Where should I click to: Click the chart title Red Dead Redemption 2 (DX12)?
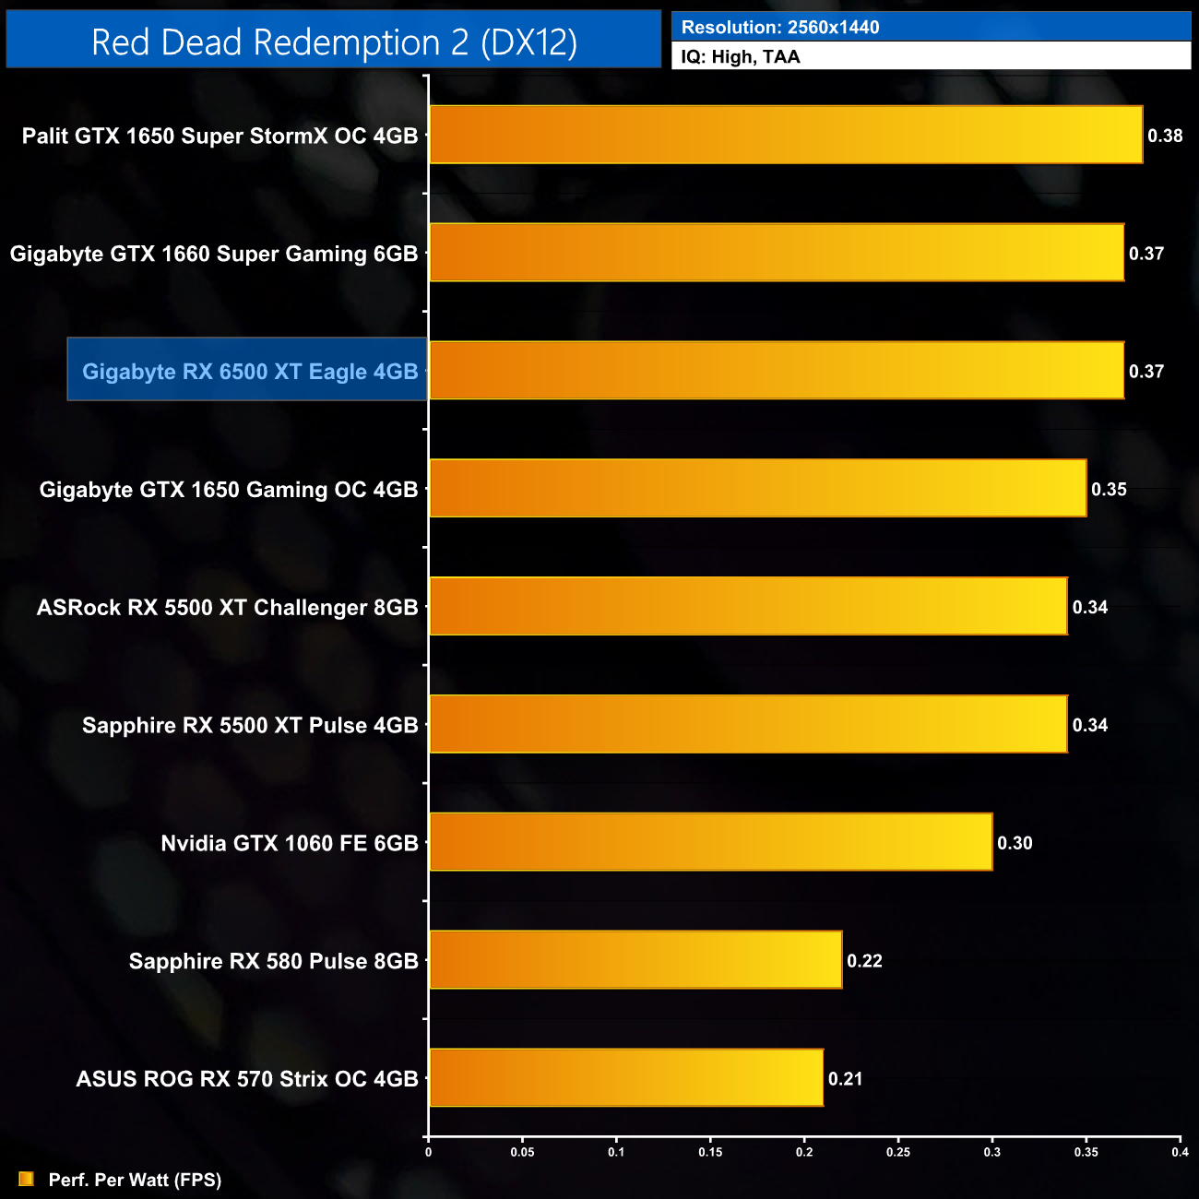click(334, 42)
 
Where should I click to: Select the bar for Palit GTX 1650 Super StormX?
click(786, 135)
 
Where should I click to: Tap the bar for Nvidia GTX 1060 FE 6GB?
click(710, 842)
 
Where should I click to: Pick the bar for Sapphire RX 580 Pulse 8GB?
click(635, 960)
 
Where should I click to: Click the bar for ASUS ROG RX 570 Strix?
click(626, 1077)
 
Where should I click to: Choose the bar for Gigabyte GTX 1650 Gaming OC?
click(757, 488)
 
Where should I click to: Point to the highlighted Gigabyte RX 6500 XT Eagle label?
click(249, 371)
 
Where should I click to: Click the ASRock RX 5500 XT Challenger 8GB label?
click(227, 607)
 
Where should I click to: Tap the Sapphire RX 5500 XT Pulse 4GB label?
click(250, 725)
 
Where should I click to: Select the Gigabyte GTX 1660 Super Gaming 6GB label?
click(214, 253)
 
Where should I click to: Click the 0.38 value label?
click(1165, 136)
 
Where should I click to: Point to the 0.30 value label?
click(1015, 843)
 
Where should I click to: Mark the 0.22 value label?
click(864, 961)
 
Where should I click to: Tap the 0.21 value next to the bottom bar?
click(845, 1079)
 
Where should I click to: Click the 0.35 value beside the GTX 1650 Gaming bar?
click(1109, 489)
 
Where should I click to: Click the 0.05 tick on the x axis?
click(522, 1152)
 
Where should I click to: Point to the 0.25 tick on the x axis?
click(898, 1152)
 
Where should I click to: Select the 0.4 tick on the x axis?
click(1180, 1152)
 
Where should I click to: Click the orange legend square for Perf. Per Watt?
click(26, 1179)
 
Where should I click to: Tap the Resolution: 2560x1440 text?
click(780, 27)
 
